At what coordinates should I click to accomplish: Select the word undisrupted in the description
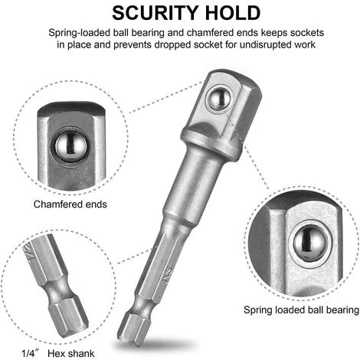point(269,44)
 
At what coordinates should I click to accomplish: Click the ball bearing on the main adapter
point(219,99)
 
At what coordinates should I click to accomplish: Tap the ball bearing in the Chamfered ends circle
point(70,146)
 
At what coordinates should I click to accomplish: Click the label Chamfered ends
point(70,205)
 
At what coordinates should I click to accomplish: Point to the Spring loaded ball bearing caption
point(301,310)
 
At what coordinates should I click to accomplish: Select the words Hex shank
point(71,354)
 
